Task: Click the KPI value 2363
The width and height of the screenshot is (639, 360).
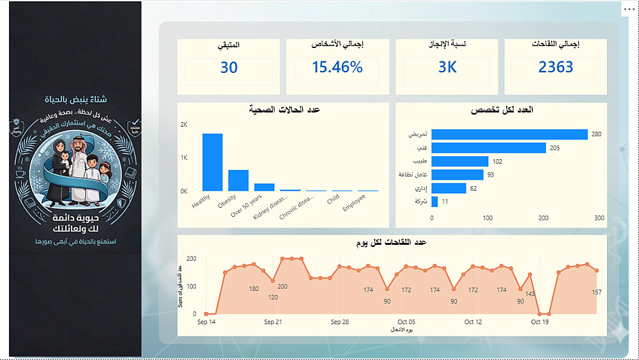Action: pyautogui.click(x=555, y=67)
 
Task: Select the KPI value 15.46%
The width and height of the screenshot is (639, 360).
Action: pyautogui.click(x=337, y=67)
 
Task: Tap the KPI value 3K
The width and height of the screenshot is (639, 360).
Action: pyautogui.click(x=447, y=67)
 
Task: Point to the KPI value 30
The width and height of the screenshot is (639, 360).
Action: pyautogui.click(x=229, y=67)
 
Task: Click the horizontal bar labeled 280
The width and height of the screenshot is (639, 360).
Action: pyautogui.click(x=509, y=134)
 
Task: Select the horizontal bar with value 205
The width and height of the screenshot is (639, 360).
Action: pyautogui.click(x=489, y=148)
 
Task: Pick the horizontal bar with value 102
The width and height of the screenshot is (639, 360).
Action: pyautogui.click(x=460, y=161)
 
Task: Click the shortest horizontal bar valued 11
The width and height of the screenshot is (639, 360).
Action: pyautogui.click(x=435, y=201)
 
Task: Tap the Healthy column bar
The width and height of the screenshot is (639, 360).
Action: pyautogui.click(x=212, y=162)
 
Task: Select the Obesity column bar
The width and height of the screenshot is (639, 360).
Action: pyautogui.click(x=238, y=180)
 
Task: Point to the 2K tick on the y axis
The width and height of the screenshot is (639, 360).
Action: pyautogui.click(x=184, y=124)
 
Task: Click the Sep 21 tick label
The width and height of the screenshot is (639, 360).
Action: pyautogui.click(x=273, y=322)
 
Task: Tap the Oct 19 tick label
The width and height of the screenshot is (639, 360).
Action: pyautogui.click(x=540, y=322)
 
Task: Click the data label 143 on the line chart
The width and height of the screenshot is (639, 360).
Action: pyautogui.click(x=530, y=294)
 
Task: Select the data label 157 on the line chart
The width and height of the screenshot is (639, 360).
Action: pyautogui.click(x=597, y=292)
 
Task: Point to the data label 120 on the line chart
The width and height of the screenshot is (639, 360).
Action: pyautogui.click(x=273, y=297)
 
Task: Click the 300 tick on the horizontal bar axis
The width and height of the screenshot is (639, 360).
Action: pyautogui.click(x=599, y=218)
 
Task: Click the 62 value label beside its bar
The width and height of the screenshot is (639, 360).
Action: pyautogui.click(x=473, y=188)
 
